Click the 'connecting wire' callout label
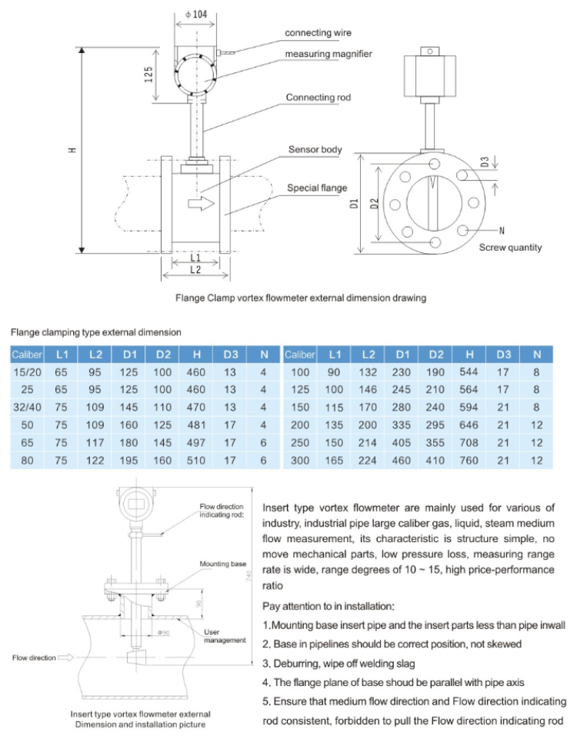[x=318, y=33]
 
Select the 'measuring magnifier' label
[x=329, y=54]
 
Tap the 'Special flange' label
[x=317, y=188]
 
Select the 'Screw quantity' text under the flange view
[x=510, y=248]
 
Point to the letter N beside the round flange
[x=502, y=230]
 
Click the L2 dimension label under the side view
[x=195, y=270]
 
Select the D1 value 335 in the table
[x=402, y=424]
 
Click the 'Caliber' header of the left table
[x=27, y=355]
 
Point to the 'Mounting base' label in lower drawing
[x=223, y=564]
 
